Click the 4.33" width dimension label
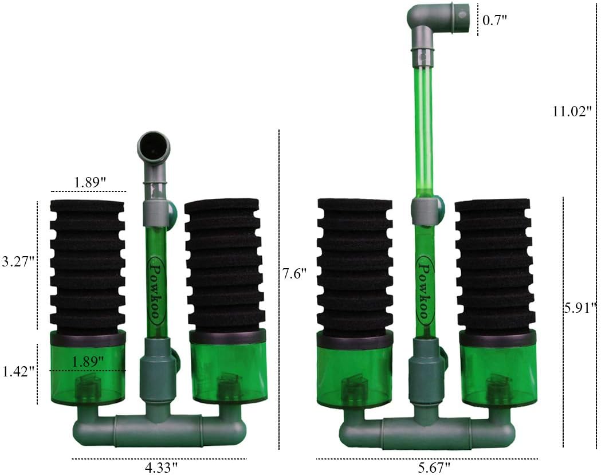point(161,468)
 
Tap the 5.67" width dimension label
point(434,468)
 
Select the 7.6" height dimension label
point(294,274)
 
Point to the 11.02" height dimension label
point(572,112)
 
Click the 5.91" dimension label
point(580,308)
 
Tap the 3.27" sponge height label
point(18,262)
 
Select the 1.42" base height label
point(19,371)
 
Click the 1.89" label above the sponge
point(90,182)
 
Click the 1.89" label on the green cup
point(88,361)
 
